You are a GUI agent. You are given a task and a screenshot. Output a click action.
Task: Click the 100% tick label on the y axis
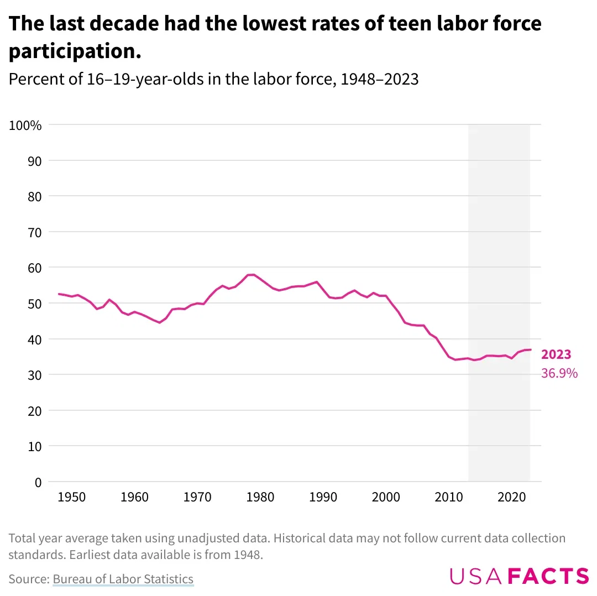point(25,126)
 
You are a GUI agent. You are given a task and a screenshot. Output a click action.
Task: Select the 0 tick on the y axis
point(37,482)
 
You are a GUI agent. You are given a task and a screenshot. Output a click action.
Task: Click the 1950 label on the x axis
point(71,496)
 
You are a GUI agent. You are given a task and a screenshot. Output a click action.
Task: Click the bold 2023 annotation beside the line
point(556,355)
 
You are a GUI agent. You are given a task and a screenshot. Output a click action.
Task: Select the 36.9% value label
point(559,374)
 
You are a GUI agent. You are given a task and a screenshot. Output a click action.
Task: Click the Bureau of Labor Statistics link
point(123,579)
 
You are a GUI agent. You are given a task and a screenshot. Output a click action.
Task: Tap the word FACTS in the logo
point(548,576)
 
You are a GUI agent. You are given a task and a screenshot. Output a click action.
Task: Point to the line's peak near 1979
point(252,274)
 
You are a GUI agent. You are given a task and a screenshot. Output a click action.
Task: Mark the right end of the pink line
point(531,349)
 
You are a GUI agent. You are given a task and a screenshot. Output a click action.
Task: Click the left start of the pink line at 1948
point(59,294)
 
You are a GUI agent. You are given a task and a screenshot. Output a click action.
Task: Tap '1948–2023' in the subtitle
point(379,80)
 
